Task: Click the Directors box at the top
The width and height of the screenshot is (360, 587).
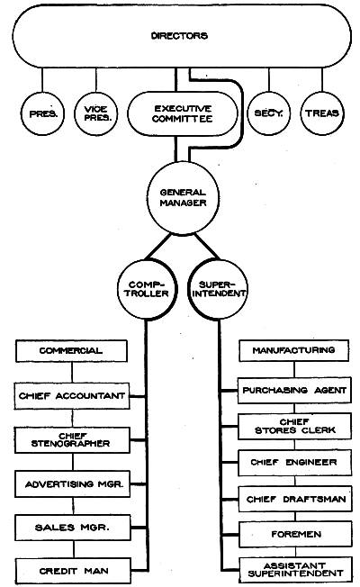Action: pyautogui.click(x=182, y=36)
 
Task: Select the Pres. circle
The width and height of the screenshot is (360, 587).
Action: pyautogui.click(x=42, y=113)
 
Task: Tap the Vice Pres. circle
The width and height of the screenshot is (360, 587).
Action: pyautogui.click(x=95, y=113)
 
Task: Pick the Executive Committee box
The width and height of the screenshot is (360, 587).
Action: pyautogui.click(x=183, y=113)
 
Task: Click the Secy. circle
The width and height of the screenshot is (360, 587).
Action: pyautogui.click(x=268, y=113)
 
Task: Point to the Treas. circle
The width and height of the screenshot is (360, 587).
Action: pyautogui.click(x=322, y=113)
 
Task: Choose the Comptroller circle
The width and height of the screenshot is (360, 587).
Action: pyautogui.click(x=147, y=289)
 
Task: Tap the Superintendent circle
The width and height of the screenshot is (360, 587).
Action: pyautogui.click(x=218, y=289)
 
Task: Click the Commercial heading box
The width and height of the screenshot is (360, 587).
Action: pyautogui.click(x=71, y=351)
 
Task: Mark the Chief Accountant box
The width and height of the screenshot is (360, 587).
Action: pyautogui.click(x=72, y=396)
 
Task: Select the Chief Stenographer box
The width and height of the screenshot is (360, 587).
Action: pyautogui.click(x=72, y=440)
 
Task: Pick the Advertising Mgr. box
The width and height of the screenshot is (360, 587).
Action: pyautogui.click(x=72, y=484)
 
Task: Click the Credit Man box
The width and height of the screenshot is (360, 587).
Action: pyautogui.click(x=73, y=571)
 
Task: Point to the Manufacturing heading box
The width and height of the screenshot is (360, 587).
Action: pyautogui.click(x=293, y=350)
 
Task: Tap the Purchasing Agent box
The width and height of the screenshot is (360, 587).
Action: pyautogui.click(x=294, y=390)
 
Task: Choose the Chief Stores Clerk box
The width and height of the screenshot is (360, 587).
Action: pyautogui.click(x=294, y=426)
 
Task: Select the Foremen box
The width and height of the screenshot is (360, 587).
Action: pyautogui.click(x=295, y=534)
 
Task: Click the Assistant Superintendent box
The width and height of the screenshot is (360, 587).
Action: pyautogui.click(x=295, y=569)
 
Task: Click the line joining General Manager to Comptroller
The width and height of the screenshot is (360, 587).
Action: pyautogui.click(x=158, y=247)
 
